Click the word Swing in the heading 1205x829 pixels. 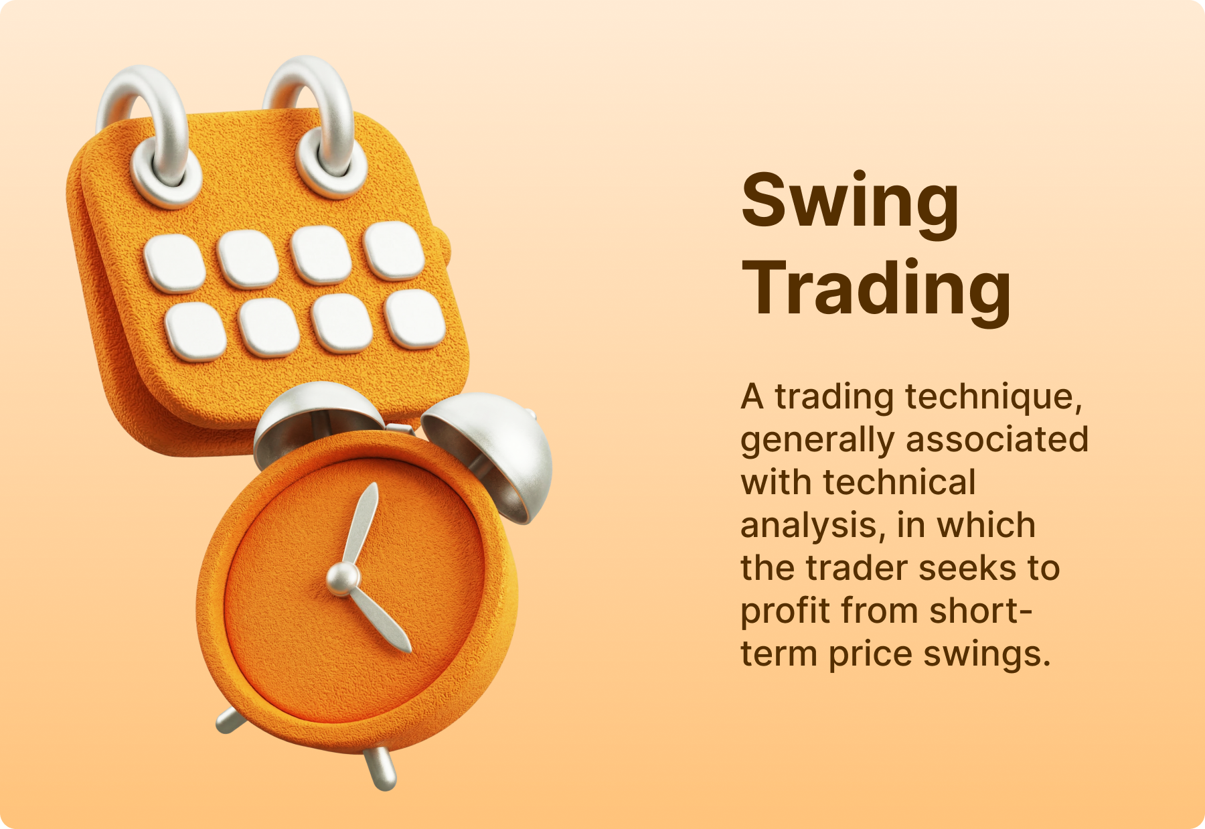pos(850,204)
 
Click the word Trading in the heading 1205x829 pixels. pos(876,291)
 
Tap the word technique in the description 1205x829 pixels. pos(993,398)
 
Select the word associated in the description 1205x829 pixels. pos(997,439)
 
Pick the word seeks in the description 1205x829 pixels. pos(969,568)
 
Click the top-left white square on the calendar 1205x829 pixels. pos(174,263)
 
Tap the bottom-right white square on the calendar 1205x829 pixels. pos(415,319)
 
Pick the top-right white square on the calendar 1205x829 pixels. pos(394,250)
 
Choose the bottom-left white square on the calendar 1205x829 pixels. pos(195,332)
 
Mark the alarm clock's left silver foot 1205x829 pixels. pos(230,721)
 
